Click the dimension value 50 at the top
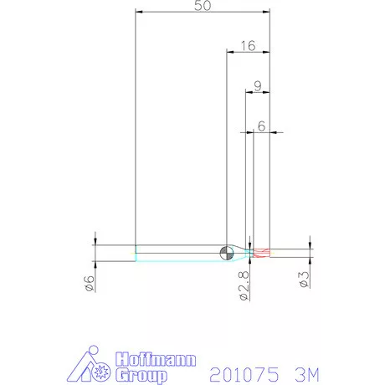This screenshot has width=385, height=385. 203,6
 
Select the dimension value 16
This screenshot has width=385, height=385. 248,46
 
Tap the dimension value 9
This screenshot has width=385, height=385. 258,86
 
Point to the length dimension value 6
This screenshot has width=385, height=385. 261,126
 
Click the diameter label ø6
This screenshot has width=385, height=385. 90,283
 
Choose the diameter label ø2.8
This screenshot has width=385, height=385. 244,285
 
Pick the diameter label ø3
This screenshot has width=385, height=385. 305,280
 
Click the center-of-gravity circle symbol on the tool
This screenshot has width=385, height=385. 227,253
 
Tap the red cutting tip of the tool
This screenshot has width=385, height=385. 262,253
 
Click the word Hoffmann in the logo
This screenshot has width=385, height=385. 156,359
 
